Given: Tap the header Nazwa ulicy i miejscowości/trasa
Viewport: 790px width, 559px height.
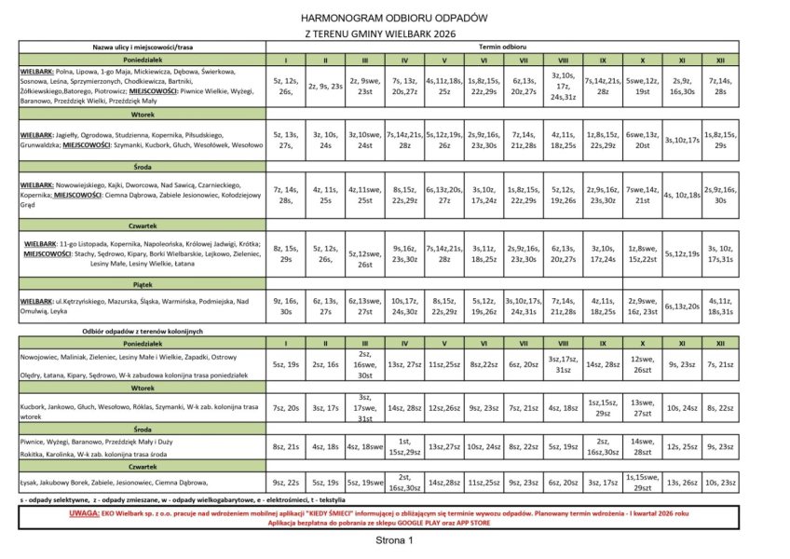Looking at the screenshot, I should (141, 45).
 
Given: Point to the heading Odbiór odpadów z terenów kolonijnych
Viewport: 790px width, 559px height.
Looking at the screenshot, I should (142, 331).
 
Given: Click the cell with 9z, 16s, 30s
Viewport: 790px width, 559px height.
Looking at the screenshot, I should (283, 307).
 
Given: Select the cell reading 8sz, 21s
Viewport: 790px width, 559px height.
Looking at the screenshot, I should (283, 447).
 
